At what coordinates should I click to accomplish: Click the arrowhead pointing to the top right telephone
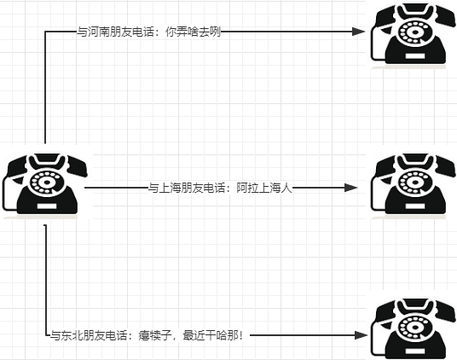[359, 32]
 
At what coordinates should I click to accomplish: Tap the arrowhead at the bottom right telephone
[359, 335]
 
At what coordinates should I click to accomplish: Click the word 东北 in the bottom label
[71, 335]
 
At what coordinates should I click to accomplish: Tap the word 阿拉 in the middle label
[247, 188]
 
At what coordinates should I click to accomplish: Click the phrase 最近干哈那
[213, 335]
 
